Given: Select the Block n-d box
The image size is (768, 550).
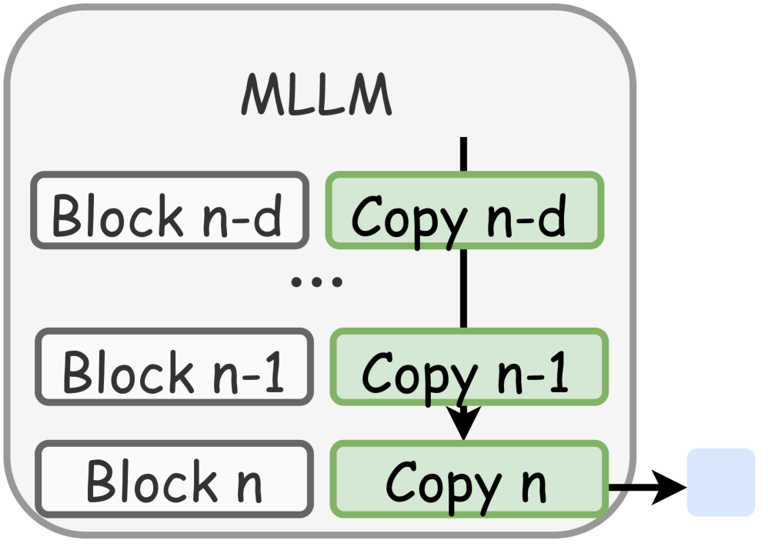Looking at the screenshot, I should click(169, 210).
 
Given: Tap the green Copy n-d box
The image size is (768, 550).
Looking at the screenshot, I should click(465, 210).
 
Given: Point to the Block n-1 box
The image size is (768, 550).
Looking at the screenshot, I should click(174, 367).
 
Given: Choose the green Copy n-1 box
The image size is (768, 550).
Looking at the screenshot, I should click(469, 367).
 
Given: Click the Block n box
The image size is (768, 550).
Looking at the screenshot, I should click(174, 478).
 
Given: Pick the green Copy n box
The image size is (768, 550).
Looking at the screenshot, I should click(468, 478).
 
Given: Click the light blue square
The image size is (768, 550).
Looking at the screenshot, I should click(720, 482).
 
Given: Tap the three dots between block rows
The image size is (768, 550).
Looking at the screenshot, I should click(316, 282).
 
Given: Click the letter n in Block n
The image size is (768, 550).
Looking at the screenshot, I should click(248, 484).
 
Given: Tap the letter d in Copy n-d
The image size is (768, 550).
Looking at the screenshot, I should click(553, 215).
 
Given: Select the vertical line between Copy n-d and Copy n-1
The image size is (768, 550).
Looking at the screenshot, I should click(463, 288).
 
